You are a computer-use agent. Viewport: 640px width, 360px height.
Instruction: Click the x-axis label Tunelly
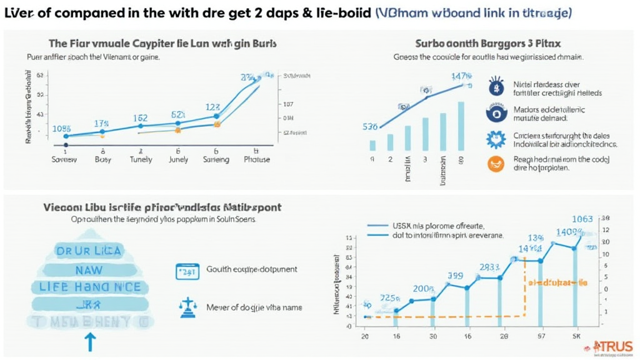click(x=141, y=159)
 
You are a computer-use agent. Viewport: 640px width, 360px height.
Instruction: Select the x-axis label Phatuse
click(x=256, y=159)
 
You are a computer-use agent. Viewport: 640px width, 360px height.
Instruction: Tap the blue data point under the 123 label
click(x=217, y=116)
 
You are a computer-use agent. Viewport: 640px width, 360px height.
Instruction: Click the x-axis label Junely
click(x=178, y=159)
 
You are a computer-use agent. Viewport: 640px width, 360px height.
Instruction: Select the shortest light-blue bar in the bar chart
click(x=373, y=145)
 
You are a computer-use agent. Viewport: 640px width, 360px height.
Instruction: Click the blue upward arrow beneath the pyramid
click(x=90, y=341)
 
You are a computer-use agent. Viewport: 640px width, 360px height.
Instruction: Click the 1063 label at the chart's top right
click(x=582, y=219)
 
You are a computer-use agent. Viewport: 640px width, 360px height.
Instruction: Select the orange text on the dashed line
click(x=557, y=282)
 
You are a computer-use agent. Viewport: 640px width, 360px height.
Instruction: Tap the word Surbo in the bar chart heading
click(x=429, y=44)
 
